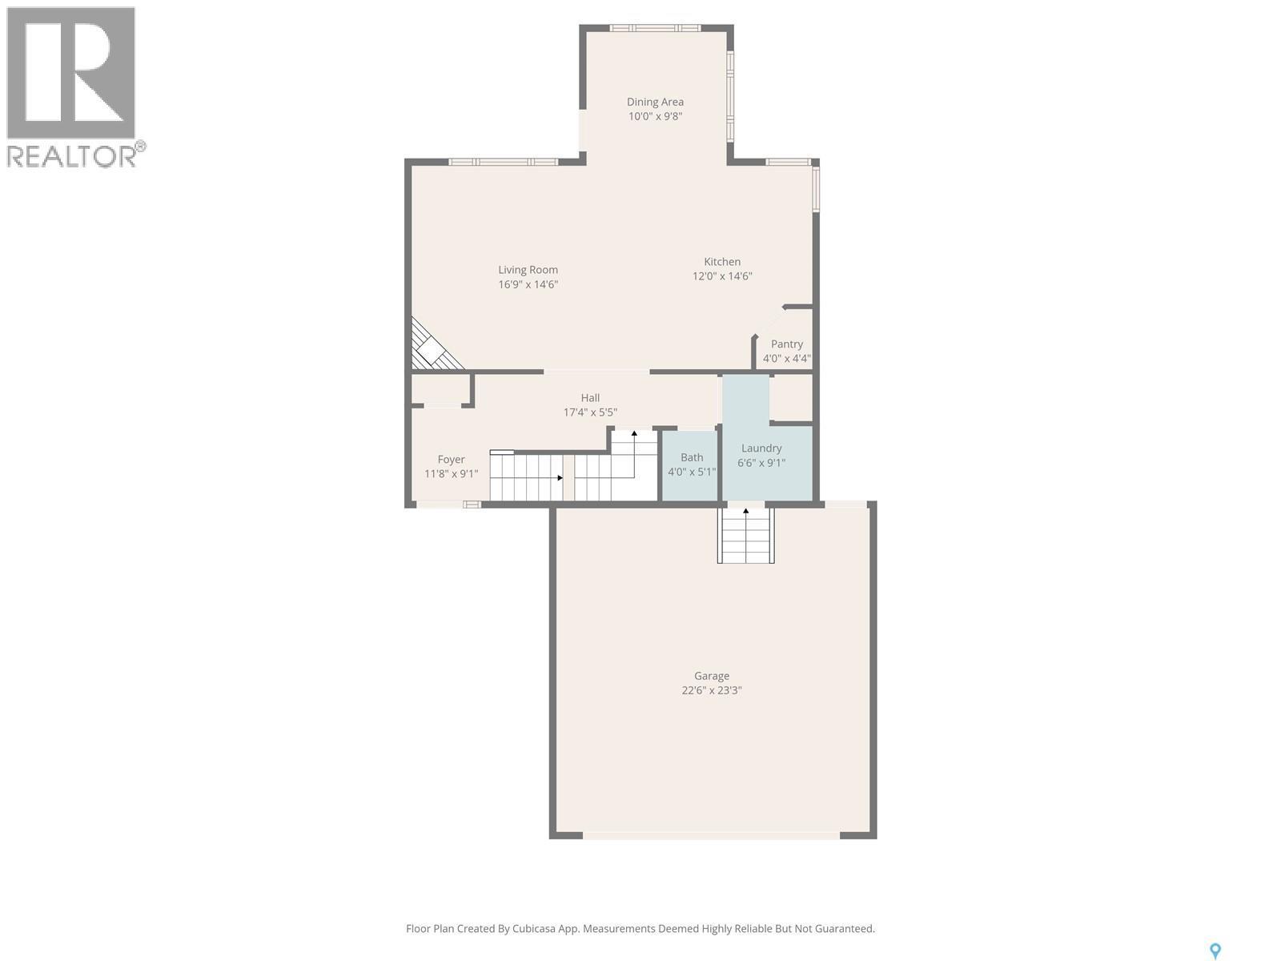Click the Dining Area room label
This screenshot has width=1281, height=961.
(x=655, y=102)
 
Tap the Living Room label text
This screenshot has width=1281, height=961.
(x=528, y=270)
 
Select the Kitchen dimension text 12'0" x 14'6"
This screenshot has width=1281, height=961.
(x=722, y=276)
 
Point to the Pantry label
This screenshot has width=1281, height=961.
(x=787, y=344)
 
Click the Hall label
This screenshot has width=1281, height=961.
(x=590, y=398)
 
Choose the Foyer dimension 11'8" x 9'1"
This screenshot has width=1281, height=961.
(x=451, y=474)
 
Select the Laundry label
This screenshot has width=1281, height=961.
(x=761, y=448)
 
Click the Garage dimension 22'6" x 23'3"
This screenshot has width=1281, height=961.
(x=712, y=690)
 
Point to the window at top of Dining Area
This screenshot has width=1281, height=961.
(x=655, y=29)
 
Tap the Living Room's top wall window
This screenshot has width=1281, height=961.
(x=503, y=162)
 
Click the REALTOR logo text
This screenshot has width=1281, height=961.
(x=72, y=155)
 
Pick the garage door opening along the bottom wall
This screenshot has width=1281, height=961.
(x=711, y=835)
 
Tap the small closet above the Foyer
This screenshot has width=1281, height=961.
(x=440, y=389)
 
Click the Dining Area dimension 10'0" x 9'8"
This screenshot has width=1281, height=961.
(x=655, y=116)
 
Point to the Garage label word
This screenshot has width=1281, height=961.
(x=712, y=676)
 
